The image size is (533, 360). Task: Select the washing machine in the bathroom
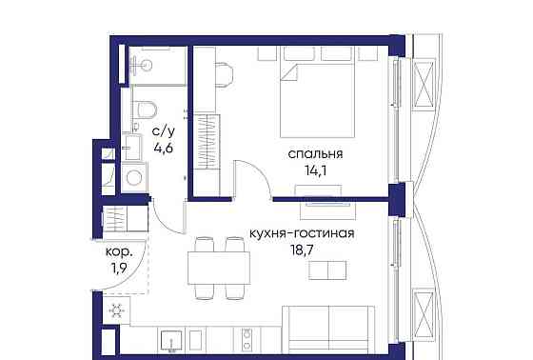(x=133, y=177)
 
